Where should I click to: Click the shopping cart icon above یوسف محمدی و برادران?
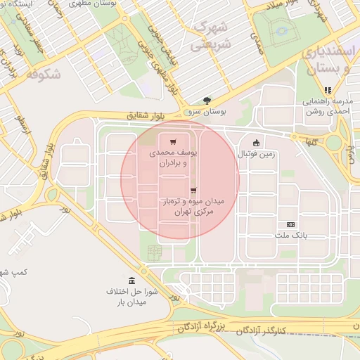point(173,141)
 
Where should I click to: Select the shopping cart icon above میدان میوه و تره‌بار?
point(193,190)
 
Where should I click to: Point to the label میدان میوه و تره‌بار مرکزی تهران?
point(192,206)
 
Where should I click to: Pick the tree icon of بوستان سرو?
point(206,101)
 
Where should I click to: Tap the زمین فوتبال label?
point(257,153)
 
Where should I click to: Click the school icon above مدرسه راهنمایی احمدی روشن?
point(327,90)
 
